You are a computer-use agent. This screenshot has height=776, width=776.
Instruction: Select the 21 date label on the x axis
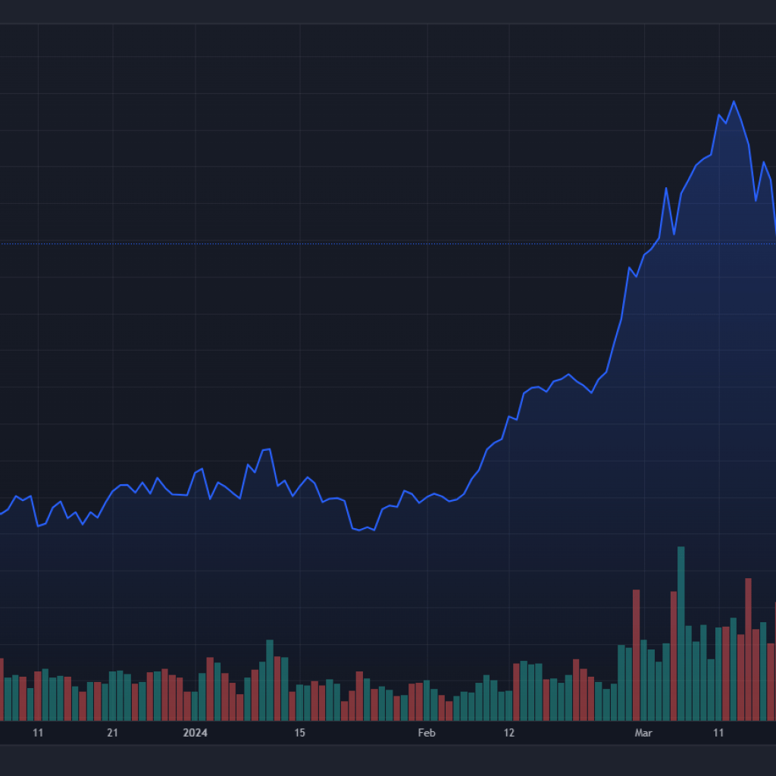click(112, 733)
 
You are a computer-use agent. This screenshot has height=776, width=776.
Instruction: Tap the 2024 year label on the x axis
click(195, 733)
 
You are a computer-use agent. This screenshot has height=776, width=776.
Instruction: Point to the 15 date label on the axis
click(299, 733)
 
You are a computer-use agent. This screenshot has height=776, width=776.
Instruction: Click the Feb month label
click(427, 733)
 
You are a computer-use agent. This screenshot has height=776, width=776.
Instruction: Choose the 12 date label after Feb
click(509, 733)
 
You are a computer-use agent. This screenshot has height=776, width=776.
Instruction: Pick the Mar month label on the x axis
click(643, 733)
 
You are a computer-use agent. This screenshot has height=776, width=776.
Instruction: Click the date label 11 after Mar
click(718, 733)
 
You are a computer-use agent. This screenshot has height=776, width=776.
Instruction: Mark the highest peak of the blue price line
click(734, 102)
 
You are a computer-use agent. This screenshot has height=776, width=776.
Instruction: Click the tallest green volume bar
click(681, 633)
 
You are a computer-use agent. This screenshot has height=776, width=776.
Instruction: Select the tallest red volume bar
click(748, 649)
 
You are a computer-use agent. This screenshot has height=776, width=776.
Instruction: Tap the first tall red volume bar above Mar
click(637, 655)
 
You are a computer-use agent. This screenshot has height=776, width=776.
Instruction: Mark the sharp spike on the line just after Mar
click(666, 188)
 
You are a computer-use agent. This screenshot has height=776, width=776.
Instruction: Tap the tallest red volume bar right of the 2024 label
click(210, 688)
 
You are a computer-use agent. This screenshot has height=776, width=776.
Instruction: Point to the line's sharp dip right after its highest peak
click(756, 201)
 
